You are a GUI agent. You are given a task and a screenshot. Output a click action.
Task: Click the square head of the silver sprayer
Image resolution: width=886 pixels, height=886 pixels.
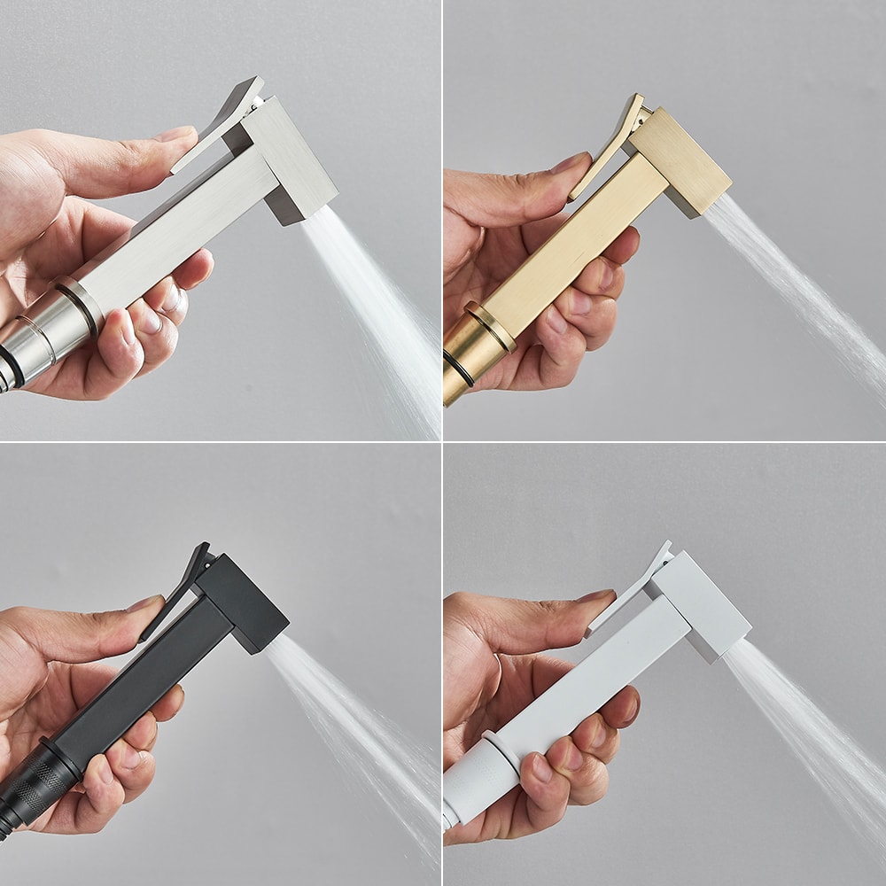(x=292, y=159)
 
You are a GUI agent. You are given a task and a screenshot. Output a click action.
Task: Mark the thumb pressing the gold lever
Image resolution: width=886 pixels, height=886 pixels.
(x=532, y=177)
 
